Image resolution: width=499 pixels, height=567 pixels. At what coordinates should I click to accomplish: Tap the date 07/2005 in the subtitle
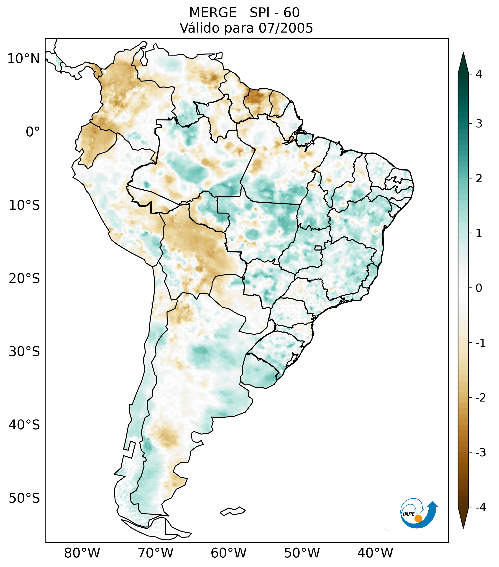[286, 28]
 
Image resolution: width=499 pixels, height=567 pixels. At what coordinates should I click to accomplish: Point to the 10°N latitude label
[23, 59]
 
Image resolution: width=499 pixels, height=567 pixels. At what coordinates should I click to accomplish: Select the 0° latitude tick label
[33, 132]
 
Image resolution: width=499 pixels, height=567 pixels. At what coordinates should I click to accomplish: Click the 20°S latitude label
[24, 279]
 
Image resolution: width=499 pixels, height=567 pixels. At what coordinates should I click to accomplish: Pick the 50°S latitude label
[24, 498]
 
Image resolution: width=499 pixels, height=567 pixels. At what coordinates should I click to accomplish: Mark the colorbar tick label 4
[479, 74]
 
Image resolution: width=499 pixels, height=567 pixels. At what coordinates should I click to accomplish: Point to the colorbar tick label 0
[479, 288]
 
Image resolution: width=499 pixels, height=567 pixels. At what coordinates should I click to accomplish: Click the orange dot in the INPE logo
[418, 519]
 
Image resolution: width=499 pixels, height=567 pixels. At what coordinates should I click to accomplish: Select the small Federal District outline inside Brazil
[318, 247]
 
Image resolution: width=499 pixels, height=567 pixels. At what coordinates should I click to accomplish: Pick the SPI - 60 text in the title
[274, 13]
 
